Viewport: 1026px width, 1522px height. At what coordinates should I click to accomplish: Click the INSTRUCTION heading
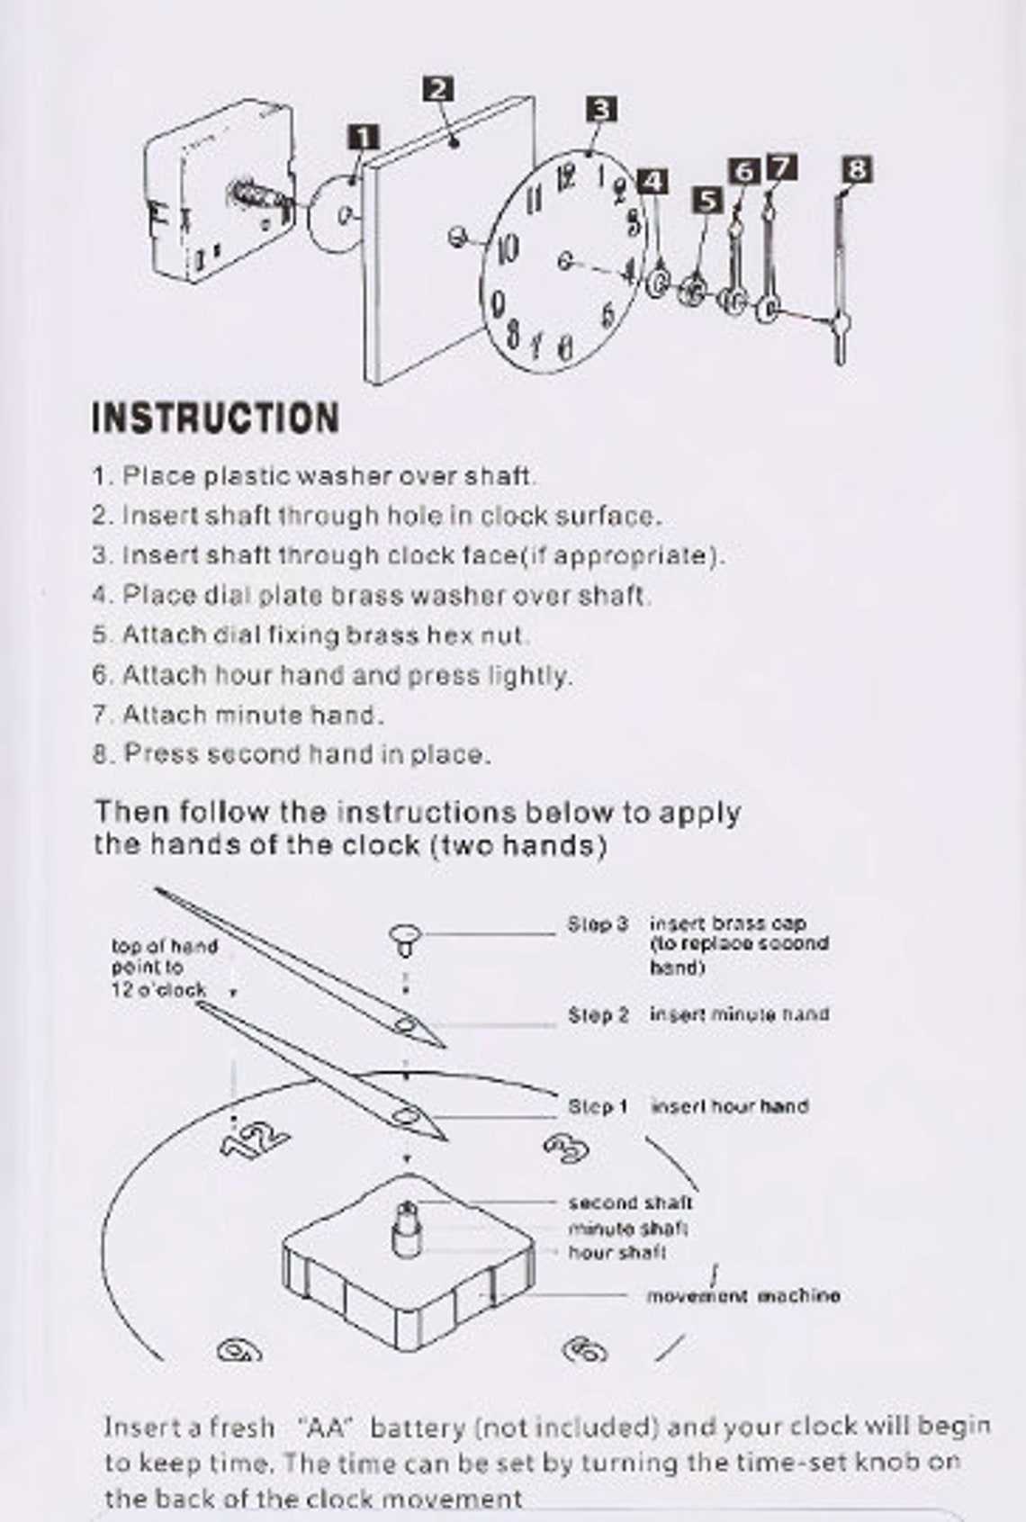click(x=216, y=419)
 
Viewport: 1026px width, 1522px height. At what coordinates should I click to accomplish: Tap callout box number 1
click(x=363, y=138)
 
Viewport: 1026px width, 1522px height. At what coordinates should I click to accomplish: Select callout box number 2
click(x=438, y=89)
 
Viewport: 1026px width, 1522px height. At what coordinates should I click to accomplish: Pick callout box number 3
click(x=601, y=110)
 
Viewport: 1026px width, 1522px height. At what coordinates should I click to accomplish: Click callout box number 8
click(x=858, y=168)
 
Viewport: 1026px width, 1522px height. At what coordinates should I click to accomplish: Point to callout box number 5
click(x=708, y=200)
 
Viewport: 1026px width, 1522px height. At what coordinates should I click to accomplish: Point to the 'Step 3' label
click(x=597, y=924)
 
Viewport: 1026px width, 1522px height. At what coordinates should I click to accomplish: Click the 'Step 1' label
click(x=597, y=1106)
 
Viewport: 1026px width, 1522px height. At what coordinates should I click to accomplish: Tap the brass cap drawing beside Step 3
click(x=406, y=939)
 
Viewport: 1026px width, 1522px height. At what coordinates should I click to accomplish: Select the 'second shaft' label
click(x=629, y=1202)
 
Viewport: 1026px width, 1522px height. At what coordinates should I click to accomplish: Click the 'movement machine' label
click(x=742, y=1296)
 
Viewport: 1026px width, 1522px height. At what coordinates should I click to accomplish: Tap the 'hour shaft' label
click(x=616, y=1252)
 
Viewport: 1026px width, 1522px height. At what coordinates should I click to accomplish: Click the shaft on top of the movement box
click(x=407, y=1224)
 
